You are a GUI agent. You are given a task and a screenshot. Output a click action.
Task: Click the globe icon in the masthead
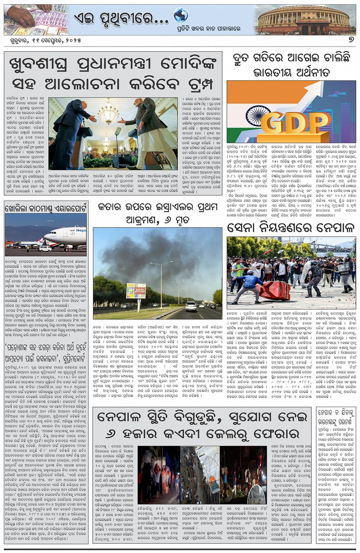point(181,16)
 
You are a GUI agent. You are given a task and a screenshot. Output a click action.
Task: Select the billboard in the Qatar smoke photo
point(136,291)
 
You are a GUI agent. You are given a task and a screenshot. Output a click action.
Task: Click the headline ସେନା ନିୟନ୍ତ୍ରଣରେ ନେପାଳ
point(291,228)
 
